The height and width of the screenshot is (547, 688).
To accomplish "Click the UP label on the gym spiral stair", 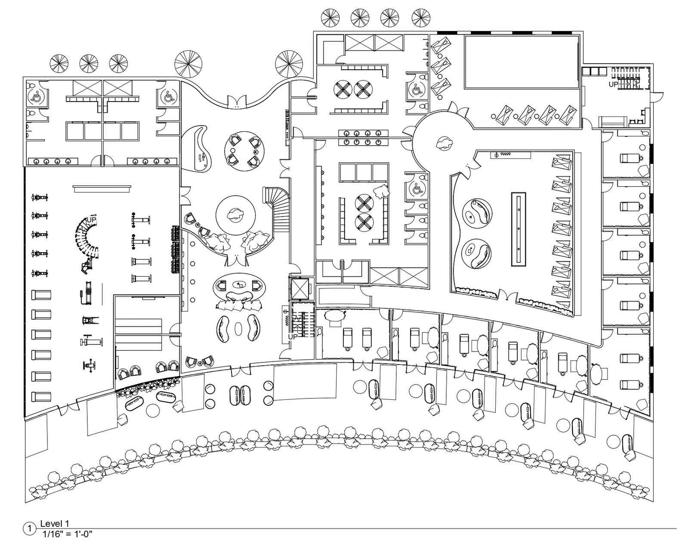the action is (x=92, y=219).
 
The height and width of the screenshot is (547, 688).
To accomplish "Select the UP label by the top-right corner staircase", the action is (x=613, y=85).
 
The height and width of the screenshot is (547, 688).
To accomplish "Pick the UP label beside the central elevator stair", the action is (x=293, y=337).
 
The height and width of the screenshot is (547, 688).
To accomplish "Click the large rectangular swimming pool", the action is (x=521, y=62).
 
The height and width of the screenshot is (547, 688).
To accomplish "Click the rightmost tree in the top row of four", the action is (x=420, y=18).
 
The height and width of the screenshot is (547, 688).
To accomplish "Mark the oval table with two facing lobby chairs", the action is (x=240, y=286).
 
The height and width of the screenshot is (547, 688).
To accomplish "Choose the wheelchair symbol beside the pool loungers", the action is (x=416, y=90).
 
